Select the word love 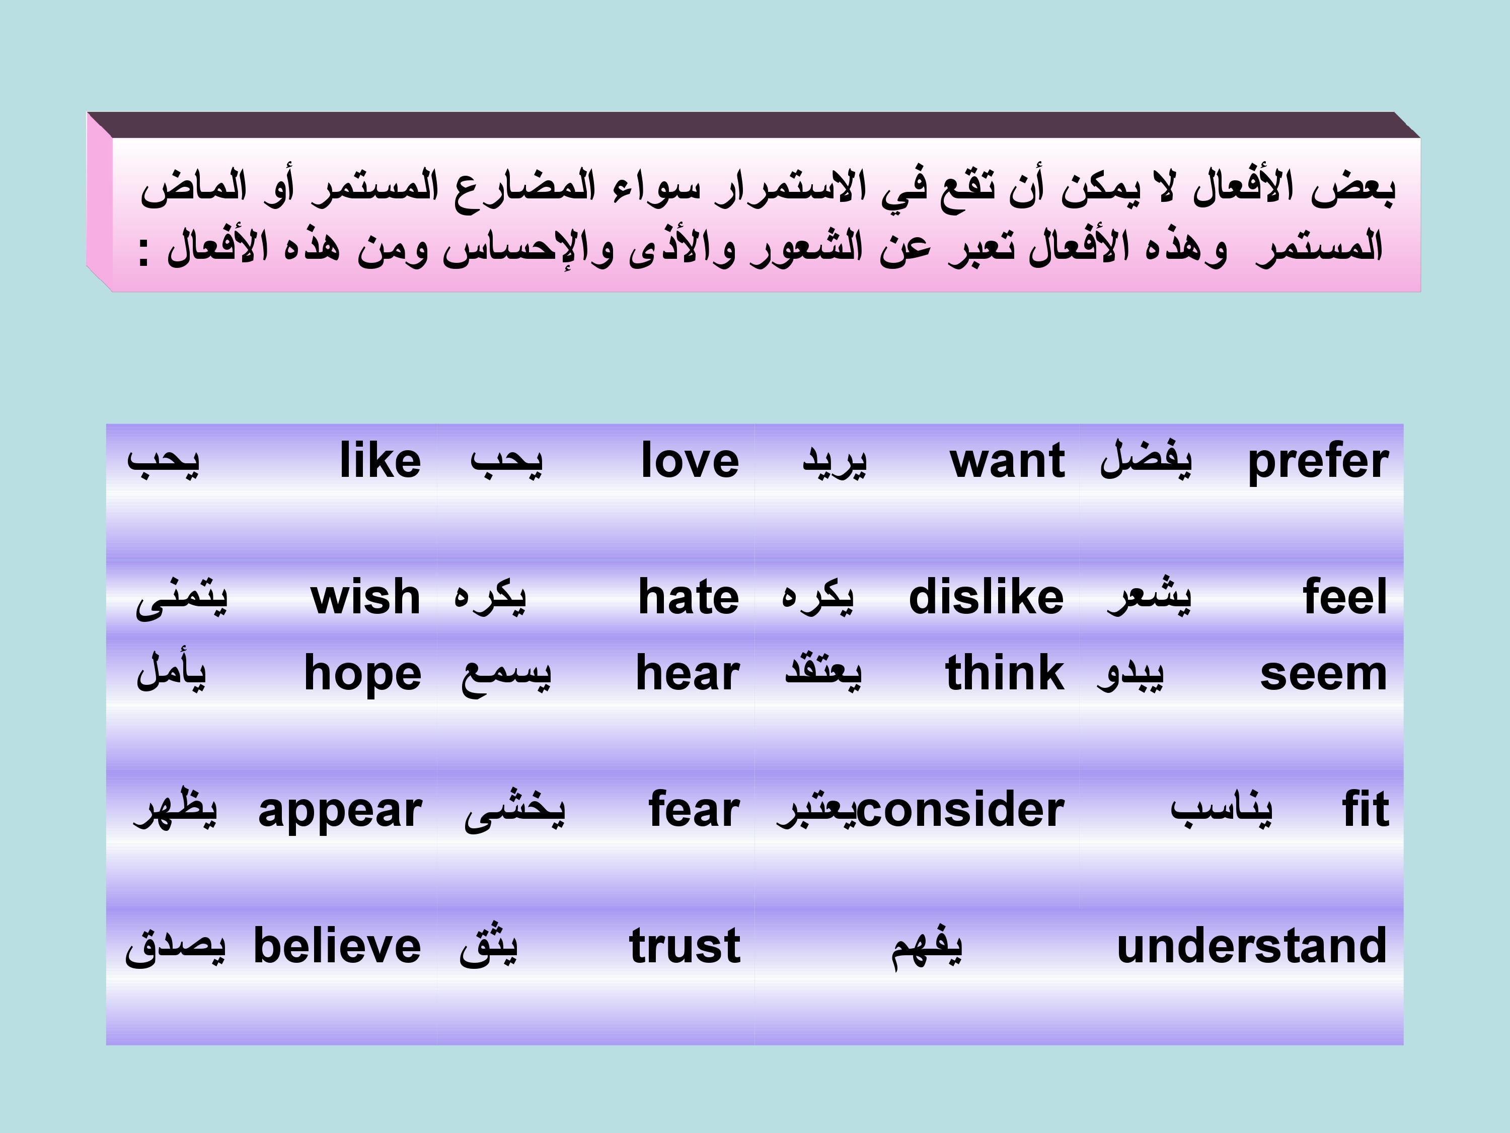[690, 460]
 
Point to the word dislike [986, 597]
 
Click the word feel [1345, 597]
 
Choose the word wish [365, 597]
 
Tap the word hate [688, 597]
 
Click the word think [1005, 673]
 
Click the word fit [1365, 809]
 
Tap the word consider [960, 809]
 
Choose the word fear [694, 809]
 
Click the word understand [1252, 946]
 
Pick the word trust [685, 947]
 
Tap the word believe [337, 946]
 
